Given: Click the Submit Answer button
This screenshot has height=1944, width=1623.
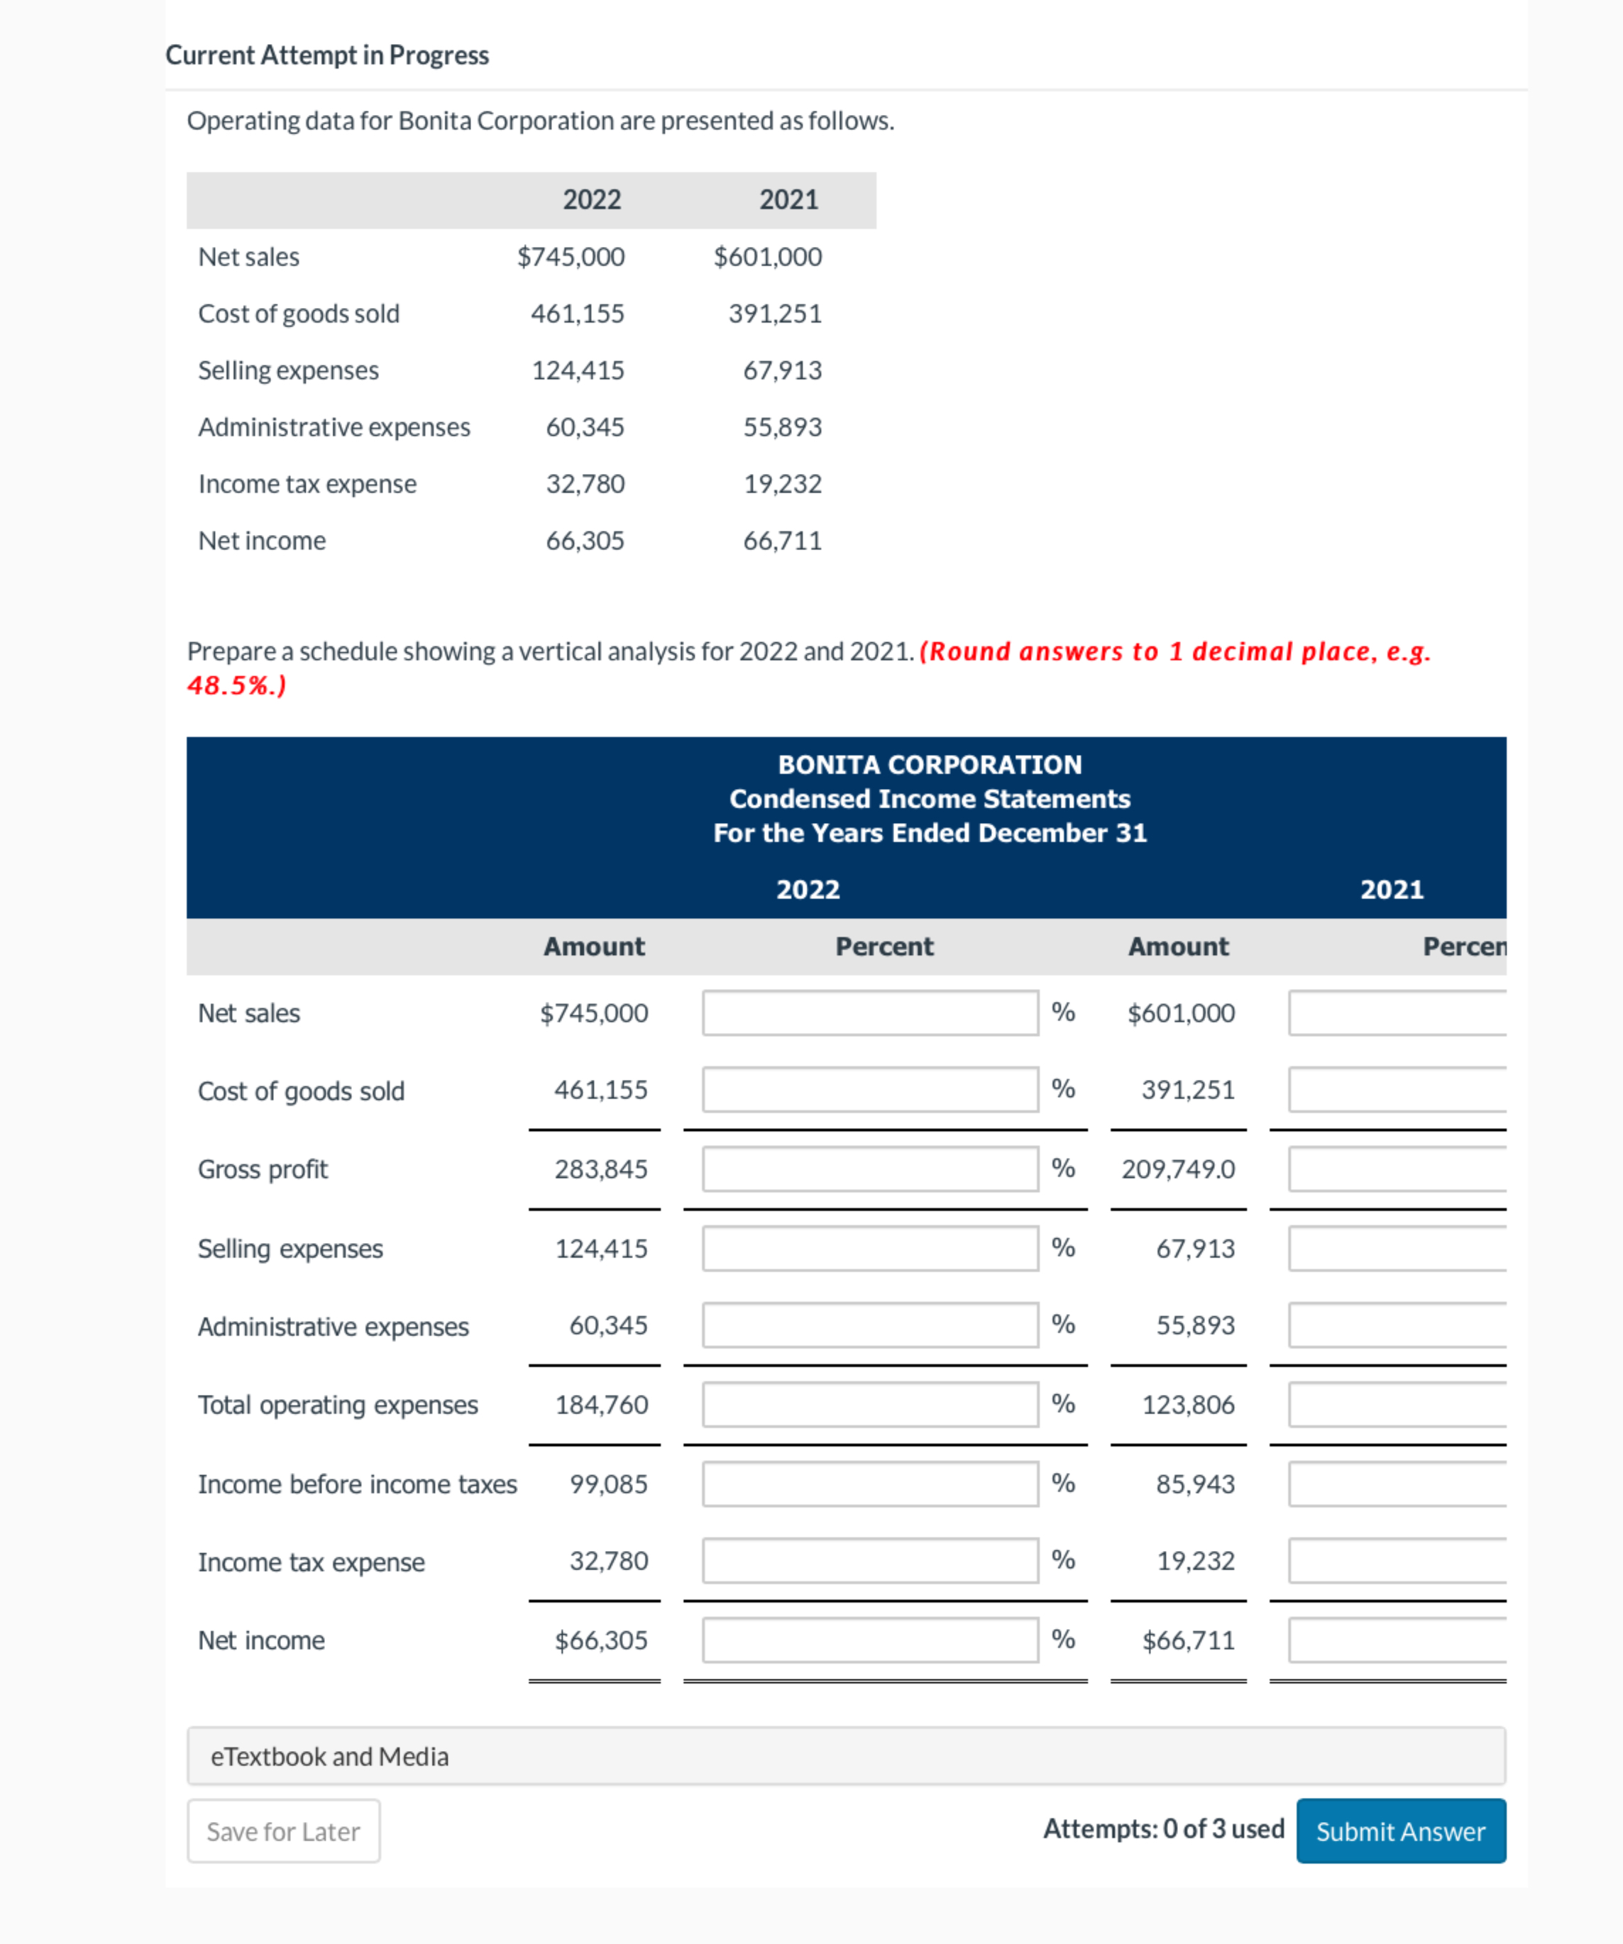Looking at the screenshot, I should (x=1400, y=1830).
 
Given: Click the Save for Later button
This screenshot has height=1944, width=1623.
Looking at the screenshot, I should (x=283, y=1830).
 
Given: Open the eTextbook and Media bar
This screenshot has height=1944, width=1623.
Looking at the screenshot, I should (x=845, y=1755).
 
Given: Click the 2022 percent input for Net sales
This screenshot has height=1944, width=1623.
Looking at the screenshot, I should (x=869, y=1012).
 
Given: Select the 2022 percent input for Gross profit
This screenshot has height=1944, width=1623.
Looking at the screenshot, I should (x=869, y=1169).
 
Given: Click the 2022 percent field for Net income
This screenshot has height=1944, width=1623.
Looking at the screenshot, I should (x=869, y=1640).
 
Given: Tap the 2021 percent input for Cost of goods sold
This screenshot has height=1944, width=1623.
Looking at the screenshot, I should (x=1396, y=1090).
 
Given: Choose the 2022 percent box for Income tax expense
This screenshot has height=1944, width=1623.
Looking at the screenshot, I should (x=869, y=1561).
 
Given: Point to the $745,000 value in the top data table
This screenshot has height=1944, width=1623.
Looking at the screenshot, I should (x=571, y=256).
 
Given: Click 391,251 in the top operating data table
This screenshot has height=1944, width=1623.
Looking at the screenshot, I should (x=775, y=314).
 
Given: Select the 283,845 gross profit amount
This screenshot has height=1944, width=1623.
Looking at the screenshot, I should (x=601, y=1169).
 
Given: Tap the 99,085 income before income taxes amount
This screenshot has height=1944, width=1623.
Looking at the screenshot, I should (x=608, y=1484).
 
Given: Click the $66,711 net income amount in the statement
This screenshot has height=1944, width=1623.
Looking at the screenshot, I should (x=1188, y=1640).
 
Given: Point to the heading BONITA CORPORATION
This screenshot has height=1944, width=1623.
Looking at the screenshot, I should (x=929, y=765).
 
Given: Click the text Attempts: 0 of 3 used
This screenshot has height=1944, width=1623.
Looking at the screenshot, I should (x=1163, y=1828).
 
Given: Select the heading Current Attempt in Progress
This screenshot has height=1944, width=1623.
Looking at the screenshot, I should (x=327, y=55).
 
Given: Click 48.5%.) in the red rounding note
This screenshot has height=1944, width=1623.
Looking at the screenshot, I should (x=237, y=685).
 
